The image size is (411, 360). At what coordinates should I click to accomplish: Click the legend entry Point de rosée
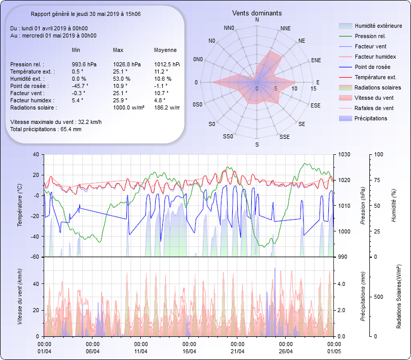click(372, 67)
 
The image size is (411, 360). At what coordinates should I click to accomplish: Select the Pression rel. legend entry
click(370, 36)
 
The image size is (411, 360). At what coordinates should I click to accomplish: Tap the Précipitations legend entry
click(371, 118)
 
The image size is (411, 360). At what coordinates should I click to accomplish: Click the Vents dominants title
click(257, 13)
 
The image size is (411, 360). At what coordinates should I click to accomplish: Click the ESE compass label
click(315, 105)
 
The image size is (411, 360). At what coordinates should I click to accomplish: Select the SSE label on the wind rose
click(284, 137)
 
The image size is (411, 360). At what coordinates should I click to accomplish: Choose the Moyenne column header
click(165, 50)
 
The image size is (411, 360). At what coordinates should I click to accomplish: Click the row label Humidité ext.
click(27, 79)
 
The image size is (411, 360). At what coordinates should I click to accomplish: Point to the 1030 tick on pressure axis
click(344, 154)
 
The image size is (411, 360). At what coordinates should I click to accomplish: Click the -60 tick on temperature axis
click(35, 257)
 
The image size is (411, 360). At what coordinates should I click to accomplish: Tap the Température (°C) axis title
click(20, 206)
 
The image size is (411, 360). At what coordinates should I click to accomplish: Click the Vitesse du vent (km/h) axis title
click(20, 296)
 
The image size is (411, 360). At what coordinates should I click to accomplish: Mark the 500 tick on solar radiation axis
click(378, 297)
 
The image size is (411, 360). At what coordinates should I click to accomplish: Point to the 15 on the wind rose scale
click(313, 88)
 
